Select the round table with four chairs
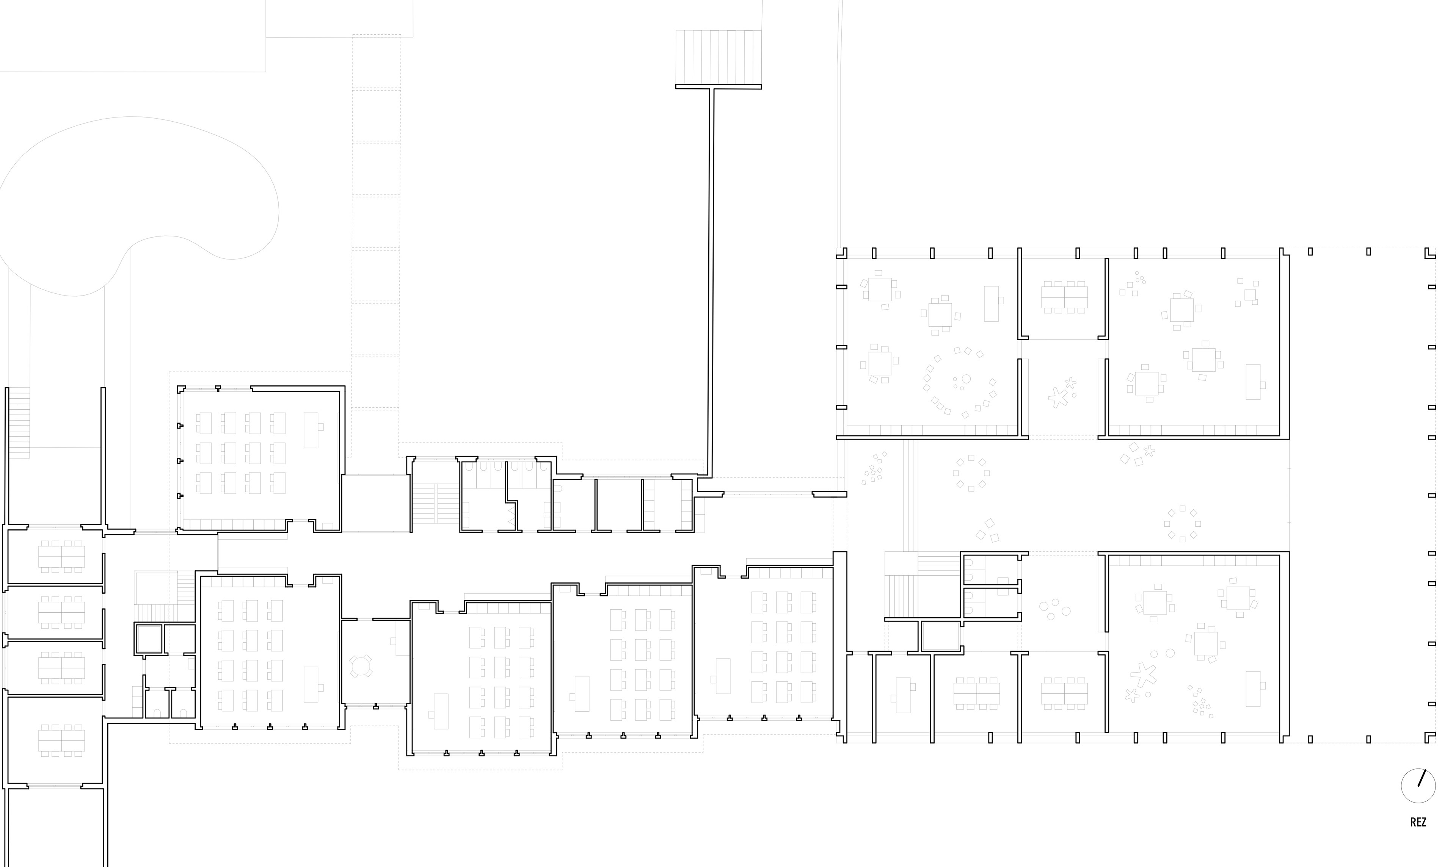coord(361,666)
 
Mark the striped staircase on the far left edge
coord(19,422)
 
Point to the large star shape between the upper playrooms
coord(1057,397)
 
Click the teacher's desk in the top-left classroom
coord(311,430)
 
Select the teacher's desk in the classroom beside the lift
coord(311,684)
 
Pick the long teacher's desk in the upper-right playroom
coord(1253,382)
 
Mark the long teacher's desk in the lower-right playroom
coord(1253,689)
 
